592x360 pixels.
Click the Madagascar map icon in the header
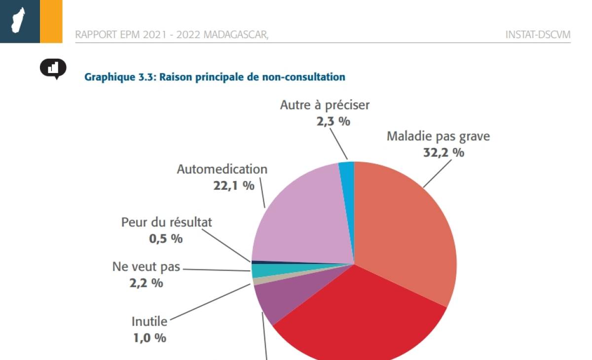[19, 21]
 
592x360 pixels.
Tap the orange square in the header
[51, 21]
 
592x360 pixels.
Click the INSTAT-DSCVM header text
[538, 35]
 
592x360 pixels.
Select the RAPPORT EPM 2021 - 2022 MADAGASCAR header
[172, 35]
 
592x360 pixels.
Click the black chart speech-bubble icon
[53, 69]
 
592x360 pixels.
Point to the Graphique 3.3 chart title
[215, 77]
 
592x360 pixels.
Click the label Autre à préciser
[325, 105]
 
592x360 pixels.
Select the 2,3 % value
[333, 121]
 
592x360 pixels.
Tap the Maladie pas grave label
[438, 136]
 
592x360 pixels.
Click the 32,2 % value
[444, 152]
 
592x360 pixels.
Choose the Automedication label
[222, 169]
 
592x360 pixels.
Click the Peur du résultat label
[167, 222]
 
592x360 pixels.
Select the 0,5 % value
[166, 239]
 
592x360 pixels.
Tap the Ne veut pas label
[147, 267]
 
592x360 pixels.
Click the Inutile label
[149, 322]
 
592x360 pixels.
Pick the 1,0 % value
[149, 338]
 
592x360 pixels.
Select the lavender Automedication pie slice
[301, 217]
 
